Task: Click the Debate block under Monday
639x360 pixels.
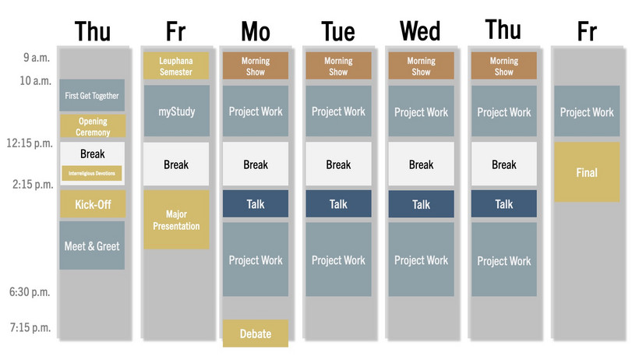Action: [256, 334]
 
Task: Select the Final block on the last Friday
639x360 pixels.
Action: [587, 172]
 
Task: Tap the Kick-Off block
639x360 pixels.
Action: [92, 205]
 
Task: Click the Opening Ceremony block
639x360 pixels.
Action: [92, 127]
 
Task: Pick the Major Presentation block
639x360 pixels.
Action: [176, 220]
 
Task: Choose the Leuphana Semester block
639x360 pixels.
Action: [176, 65]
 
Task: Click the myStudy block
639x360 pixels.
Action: [176, 111]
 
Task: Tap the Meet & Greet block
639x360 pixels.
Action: [92, 245]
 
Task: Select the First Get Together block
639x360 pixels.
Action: [92, 95]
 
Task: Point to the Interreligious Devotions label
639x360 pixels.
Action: [92, 172]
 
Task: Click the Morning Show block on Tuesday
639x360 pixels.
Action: [338, 65]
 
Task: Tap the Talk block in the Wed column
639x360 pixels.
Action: [421, 204]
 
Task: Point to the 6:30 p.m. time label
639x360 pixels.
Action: [30, 292]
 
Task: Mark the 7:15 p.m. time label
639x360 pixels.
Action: [30, 327]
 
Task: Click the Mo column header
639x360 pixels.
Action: [256, 31]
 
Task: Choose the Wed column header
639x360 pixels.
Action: [421, 31]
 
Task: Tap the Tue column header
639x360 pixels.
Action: [338, 31]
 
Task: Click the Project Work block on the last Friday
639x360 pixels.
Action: [587, 111]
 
